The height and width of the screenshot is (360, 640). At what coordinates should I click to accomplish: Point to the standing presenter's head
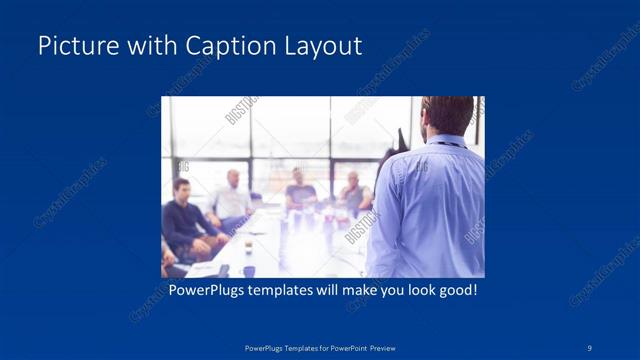448,115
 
